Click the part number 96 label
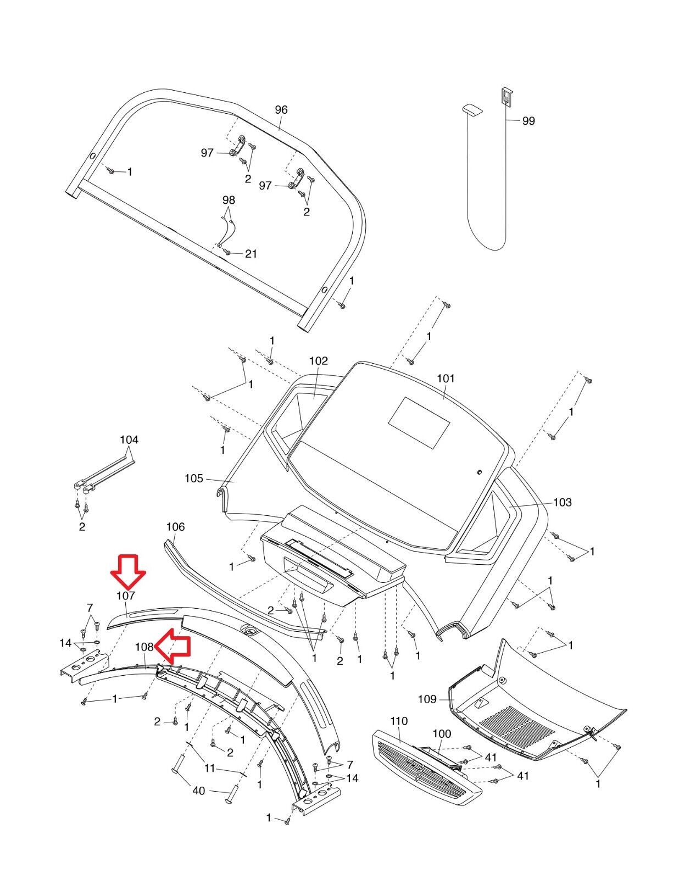tap(281, 110)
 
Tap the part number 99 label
tap(528, 120)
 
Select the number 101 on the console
tap(446, 378)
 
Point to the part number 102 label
tap(319, 360)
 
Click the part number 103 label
tap(563, 502)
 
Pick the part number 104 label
tap(129, 439)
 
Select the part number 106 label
tap(175, 527)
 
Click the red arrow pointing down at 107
tap(128, 572)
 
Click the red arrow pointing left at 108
tap(172, 646)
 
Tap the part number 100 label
tap(442, 733)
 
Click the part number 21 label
tap(251, 254)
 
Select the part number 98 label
tap(229, 200)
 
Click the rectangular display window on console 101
tap(419, 422)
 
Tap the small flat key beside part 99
tap(473, 110)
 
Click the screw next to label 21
tap(227, 252)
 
